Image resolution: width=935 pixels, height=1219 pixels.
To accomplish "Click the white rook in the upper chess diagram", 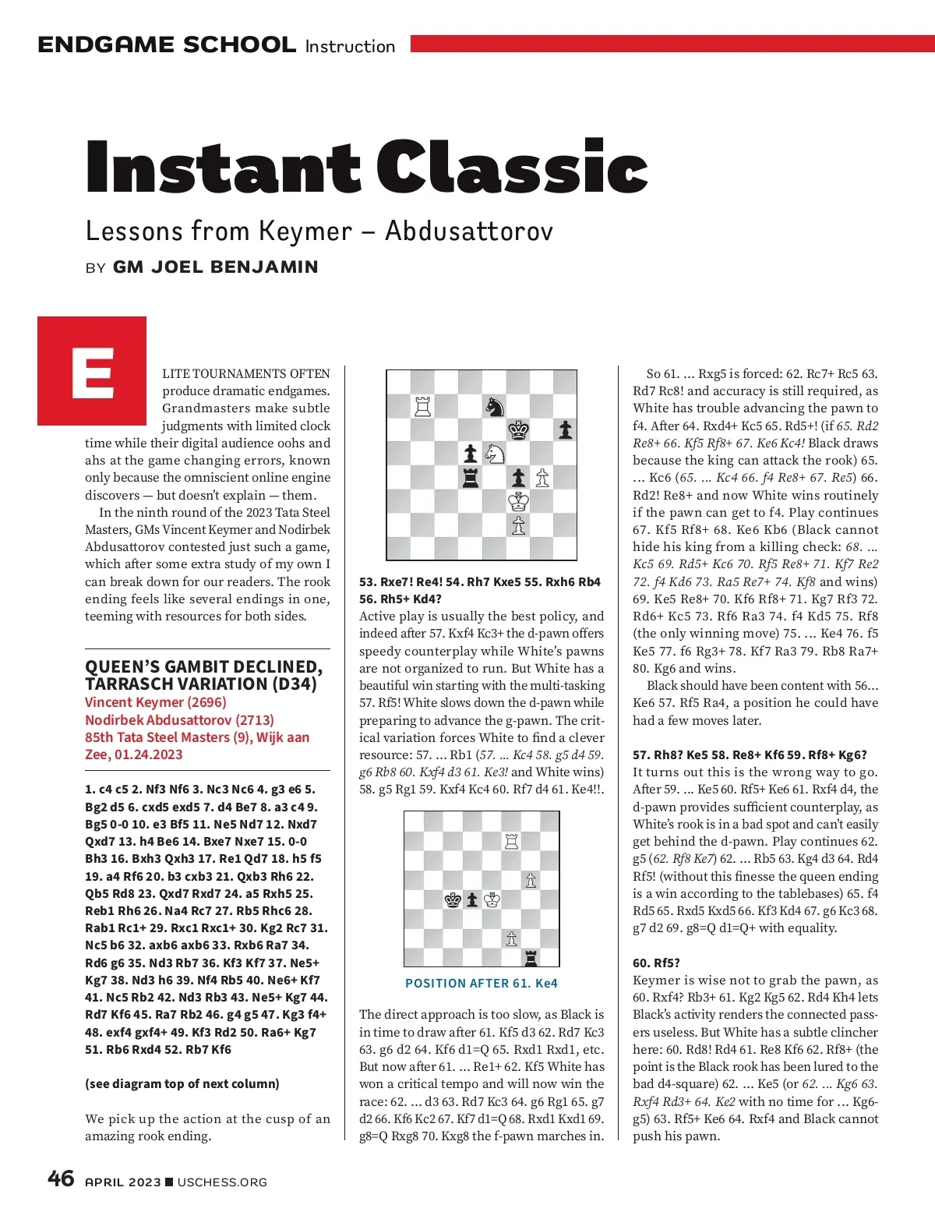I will [x=423, y=406].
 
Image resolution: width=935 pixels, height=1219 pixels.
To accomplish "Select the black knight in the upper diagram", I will [x=494, y=406].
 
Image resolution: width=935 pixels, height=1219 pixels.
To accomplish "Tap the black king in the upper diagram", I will [x=518, y=429].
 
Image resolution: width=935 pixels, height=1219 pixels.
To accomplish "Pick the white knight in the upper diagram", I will [x=494, y=454].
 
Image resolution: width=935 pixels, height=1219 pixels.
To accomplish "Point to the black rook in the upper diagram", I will [x=471, y=478].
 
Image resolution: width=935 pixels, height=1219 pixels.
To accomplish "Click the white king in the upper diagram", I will [x=518, y=501].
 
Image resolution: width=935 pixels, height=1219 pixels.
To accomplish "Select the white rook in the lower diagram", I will [x=511, y=841].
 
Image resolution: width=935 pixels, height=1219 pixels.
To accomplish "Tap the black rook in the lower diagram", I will [x=531, y=957].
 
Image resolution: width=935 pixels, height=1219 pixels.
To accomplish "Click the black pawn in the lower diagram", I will [x=472, y=899].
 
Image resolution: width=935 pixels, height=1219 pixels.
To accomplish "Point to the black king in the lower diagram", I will [x=453, y=899].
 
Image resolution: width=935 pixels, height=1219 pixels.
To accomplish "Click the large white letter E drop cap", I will [x=92, y=373].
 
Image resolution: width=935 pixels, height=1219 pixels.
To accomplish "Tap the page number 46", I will [x=61, y=1178].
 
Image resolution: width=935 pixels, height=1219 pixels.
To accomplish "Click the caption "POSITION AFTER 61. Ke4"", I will [x=481, y=984].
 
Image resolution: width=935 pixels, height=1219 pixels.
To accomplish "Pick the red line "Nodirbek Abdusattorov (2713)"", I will [x=179, y=719].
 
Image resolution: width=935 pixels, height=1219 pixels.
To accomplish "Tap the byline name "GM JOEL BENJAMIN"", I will [x=215, y=267].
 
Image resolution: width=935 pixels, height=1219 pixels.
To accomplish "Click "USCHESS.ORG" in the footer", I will [x=222, y=1182].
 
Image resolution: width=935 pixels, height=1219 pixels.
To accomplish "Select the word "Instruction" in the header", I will [x=350, y=47].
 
